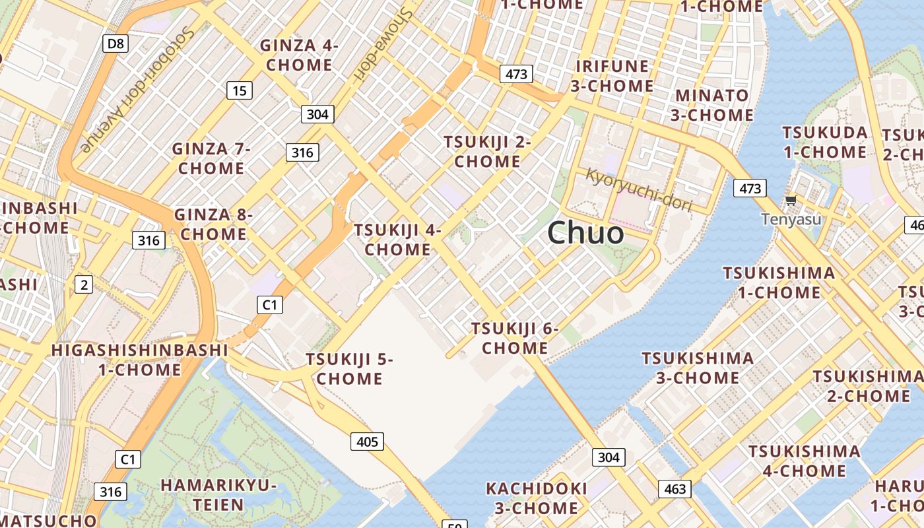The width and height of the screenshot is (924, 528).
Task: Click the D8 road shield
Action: (x=115, y=44)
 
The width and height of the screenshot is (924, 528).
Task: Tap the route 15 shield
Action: (x=240, y=90)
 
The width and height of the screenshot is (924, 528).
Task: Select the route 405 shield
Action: (x=366, y=441)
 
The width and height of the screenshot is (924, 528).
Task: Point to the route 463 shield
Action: (x=675, y=489)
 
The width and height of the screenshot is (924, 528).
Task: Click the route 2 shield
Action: (x=83, y=285)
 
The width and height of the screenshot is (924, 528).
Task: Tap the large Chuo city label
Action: (x=585, y=233)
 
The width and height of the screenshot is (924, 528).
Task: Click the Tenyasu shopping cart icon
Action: (x=791, y=199)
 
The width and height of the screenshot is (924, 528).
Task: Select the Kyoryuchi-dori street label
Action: (x=639, y=190)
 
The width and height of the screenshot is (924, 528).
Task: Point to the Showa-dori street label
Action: (x=383, y=44)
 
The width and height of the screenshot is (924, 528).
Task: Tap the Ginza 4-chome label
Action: (x=299, y=55)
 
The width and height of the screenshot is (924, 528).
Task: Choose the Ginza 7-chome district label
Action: (x=211, y=158)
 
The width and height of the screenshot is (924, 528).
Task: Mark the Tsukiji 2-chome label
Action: (x=487, y=152)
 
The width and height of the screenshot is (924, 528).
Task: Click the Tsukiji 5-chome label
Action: (x=349, y=369)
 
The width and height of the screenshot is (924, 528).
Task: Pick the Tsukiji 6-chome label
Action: (x=515, y=338)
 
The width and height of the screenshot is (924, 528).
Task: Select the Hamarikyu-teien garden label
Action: (x=218, y=495)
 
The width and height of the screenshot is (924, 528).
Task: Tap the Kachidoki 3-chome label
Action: (x=536, y=498)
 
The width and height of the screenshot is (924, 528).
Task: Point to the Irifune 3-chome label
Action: (x=612, y=76)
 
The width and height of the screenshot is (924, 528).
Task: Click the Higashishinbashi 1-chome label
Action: (x=140, y=360)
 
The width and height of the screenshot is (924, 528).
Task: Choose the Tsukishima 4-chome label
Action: (x=804, y=461)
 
